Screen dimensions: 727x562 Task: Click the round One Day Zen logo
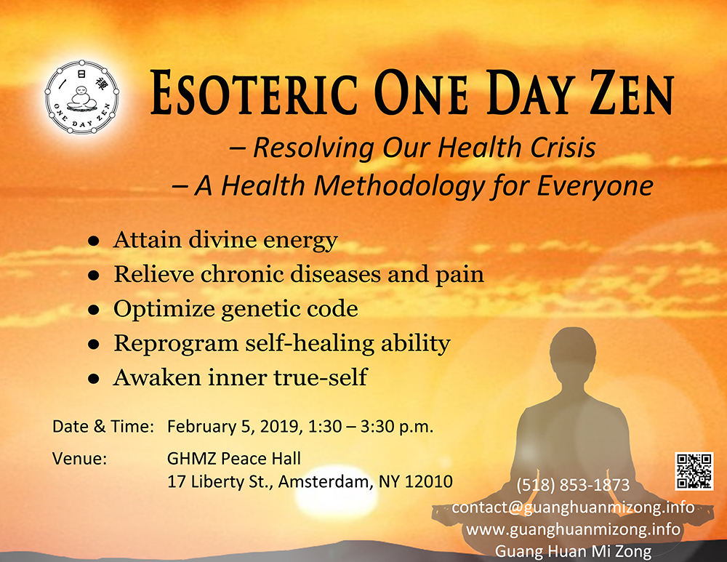(82, 97)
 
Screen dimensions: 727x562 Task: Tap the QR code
(694, 471)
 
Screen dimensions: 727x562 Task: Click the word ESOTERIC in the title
(254, 93)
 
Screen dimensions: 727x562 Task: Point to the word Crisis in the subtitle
(563, 148)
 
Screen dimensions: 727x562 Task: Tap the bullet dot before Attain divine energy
(94, 241)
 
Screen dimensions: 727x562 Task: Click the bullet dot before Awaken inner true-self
(94, 378)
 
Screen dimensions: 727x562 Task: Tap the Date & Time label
(103, 427)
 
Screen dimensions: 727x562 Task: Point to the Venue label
(79, 459)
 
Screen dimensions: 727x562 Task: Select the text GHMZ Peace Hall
(233, 459)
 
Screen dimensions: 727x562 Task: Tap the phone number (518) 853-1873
(573, 485)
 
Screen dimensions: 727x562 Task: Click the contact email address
(573, 507)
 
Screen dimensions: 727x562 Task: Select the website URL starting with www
(573, 529)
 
